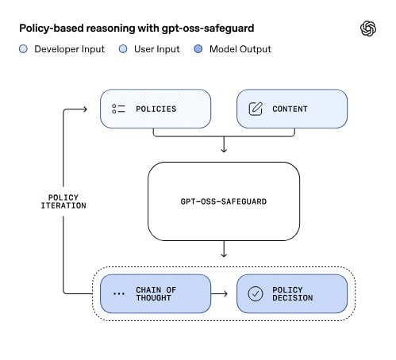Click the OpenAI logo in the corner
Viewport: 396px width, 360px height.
(368, 29)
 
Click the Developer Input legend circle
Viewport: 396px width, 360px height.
(23, 49)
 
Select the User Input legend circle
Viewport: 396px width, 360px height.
(123, 49)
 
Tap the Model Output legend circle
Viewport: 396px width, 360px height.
(198, 49)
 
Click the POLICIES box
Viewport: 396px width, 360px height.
(156, 109)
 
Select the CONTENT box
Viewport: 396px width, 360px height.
(292, 109)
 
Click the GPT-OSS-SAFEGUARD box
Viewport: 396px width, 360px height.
(224, 201)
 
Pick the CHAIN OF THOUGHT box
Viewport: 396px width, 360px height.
(156, 293)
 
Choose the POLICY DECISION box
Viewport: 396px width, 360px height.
(292, 293)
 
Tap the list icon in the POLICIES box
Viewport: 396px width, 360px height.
(118, 109)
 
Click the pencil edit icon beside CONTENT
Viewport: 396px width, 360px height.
(256, 109)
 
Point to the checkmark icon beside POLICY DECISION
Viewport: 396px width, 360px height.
(256, 293)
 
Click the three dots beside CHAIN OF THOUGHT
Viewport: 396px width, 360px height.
(119, 293)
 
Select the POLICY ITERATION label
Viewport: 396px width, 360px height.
(63, 201)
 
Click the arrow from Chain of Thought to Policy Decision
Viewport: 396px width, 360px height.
(219, 293)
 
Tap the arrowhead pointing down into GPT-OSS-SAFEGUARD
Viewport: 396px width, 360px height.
(224, 151)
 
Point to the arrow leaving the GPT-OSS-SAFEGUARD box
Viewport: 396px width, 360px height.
(224, 249)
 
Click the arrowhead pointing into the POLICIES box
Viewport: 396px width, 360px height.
(85, 109)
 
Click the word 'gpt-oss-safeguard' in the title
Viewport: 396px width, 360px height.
(208, 29)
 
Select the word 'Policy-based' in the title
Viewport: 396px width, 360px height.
(52, 29)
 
